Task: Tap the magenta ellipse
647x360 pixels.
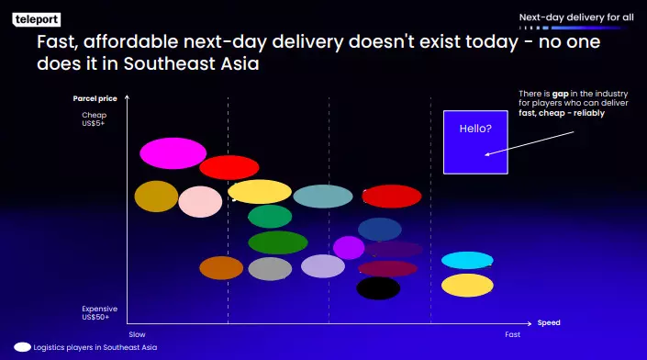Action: (x=173, y=153)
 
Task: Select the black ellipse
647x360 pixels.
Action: (x=378, y=288)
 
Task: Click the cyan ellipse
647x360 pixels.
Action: (x=467, y=261)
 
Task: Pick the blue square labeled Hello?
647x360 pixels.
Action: (x=474, y=142)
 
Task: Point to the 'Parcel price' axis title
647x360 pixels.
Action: (x=95, y=98)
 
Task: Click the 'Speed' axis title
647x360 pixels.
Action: (x=549, y=323)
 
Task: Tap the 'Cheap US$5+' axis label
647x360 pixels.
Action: (x=94, y=118)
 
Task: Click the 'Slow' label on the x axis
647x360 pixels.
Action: (x=137, y=334)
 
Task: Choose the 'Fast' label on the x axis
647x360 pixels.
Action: (x=512, y=334)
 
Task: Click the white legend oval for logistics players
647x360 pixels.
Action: (x=17, y=348)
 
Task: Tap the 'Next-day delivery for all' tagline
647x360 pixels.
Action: (x=575, y=17)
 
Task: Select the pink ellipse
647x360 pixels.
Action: (x=200, y=201)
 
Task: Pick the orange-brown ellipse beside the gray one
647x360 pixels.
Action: (x=221, y=268)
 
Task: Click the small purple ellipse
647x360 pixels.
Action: (x=349, y=247)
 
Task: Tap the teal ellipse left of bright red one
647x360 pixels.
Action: (x=322, y=196)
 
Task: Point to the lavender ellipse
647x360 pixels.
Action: (x=323, y=266)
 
